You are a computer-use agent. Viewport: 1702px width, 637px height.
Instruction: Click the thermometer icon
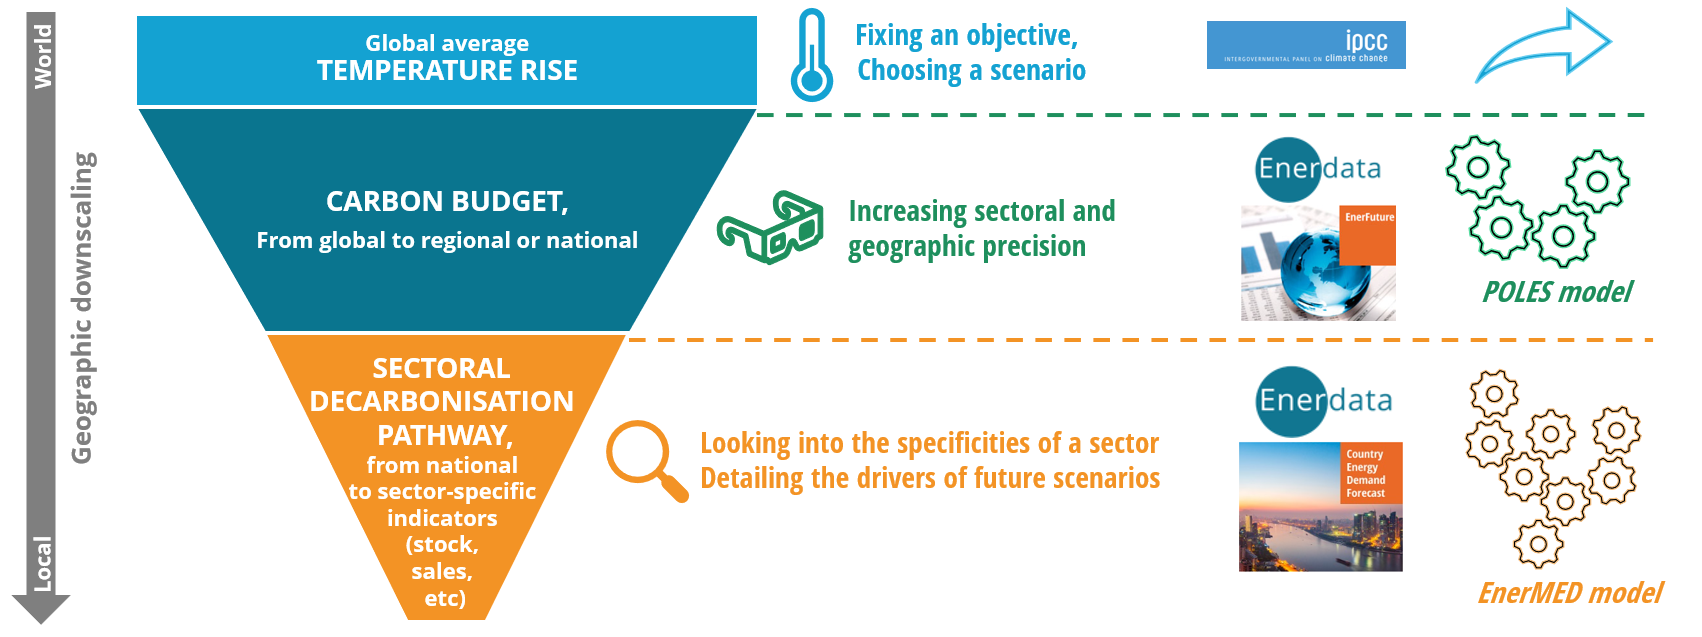(x=811, y=56)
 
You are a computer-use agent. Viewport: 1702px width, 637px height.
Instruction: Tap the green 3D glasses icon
(x=770, y=227)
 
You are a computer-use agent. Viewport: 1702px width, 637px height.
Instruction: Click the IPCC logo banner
(x=1306, y=45)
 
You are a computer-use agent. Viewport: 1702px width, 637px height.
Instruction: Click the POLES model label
(x=1557, y=292)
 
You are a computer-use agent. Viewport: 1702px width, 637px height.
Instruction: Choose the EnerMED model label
(x=1570, y=593)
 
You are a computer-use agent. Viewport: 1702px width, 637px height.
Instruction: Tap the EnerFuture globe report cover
(x=1318, y=263)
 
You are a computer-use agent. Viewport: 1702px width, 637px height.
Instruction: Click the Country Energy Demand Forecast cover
(x=1320, y=506)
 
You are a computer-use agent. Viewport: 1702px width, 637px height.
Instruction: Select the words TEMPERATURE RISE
(x=447, y=71)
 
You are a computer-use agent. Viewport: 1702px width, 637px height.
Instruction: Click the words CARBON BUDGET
(x=447, y=201)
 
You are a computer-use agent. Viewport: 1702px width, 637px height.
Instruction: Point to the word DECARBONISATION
(x=442, y=401)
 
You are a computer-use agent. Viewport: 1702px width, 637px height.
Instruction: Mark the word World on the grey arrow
(x=43, y=56)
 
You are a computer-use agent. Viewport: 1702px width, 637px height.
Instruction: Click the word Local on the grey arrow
(x=43, y=563)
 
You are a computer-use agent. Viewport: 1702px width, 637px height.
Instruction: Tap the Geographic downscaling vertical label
(x=83, y=308)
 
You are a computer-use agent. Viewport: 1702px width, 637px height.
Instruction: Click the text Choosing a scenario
(x=971, y=70)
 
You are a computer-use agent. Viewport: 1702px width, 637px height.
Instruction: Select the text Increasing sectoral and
(x=981, y=211)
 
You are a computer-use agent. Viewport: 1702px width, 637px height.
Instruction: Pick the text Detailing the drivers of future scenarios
(x=930, y=478)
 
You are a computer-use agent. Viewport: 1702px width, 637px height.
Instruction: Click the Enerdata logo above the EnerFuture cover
(x=1318, y=169)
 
